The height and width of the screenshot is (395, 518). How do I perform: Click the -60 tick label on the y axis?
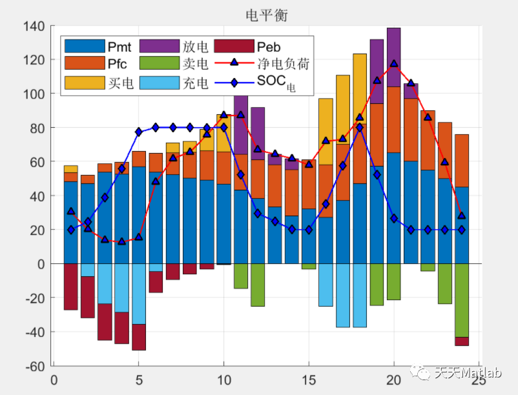(x=34, y=366)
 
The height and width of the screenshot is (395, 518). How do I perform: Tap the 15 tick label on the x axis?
(x=309, y=380)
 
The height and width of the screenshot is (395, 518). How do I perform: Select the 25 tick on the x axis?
(x=478, y=380)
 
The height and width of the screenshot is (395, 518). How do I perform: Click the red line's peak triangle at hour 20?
(x=394, y=64)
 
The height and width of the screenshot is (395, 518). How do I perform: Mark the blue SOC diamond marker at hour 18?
(x=360, y=127)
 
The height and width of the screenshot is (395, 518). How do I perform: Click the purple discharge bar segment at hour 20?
(x=393, y=57)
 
